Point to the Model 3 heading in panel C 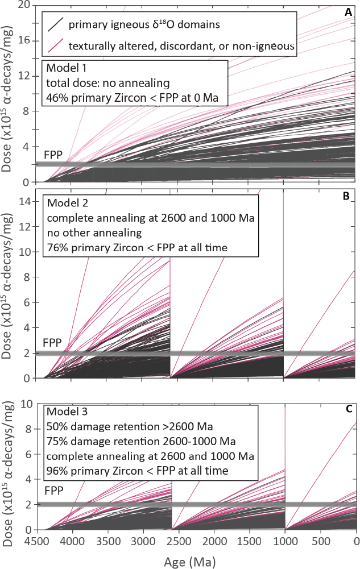66,413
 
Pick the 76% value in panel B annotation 57,247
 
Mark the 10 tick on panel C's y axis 24,404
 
